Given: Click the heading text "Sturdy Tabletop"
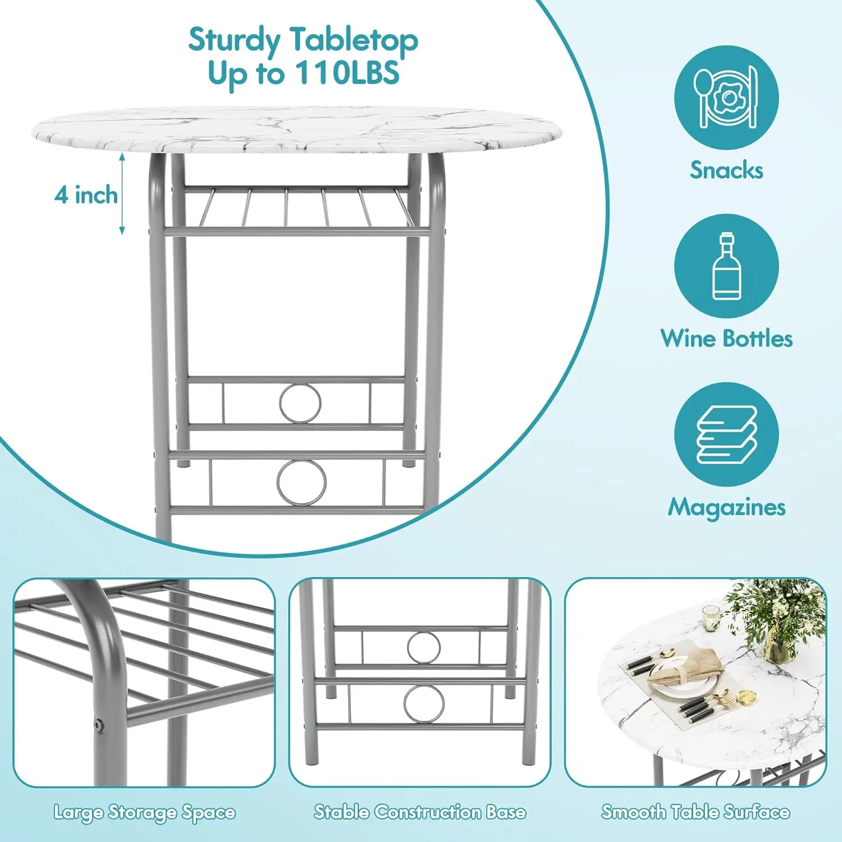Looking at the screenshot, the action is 303,40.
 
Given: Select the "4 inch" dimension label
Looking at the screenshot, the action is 86,195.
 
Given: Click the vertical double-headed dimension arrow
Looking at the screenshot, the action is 122,194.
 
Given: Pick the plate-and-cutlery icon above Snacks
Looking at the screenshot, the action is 726,98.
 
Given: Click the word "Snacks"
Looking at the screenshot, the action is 726,170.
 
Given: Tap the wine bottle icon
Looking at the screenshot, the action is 726,266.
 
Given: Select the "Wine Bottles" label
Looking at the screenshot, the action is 726,338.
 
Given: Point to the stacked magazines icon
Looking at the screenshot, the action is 726,435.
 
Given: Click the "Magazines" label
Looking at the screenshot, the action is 726,507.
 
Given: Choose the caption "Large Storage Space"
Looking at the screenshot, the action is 144,812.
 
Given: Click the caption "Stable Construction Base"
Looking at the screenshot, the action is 420,812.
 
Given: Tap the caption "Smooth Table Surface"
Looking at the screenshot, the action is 695,812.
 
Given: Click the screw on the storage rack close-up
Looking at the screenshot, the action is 99,725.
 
